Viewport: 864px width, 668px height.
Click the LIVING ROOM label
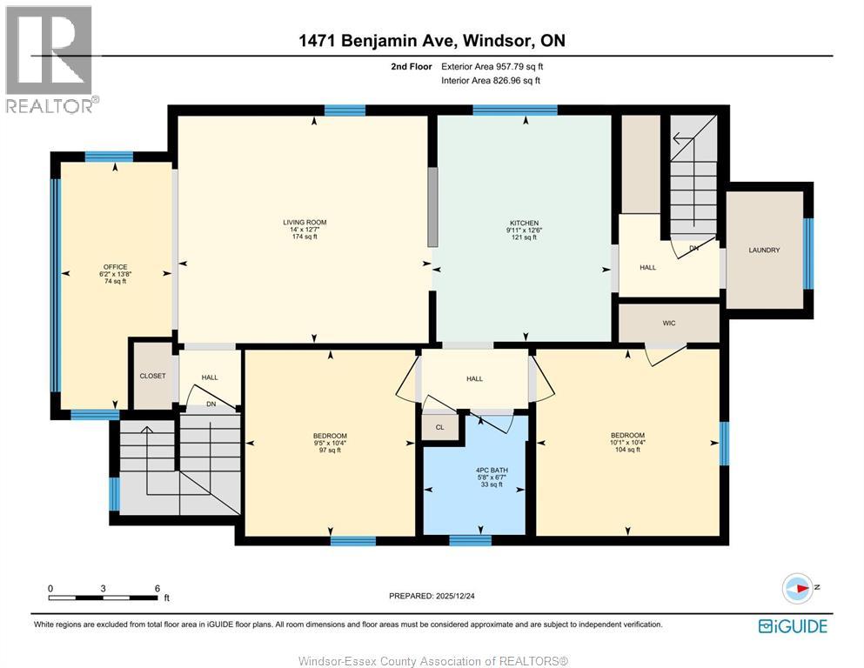[x=305, y=222]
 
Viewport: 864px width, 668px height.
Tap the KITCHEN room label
[x=524, y=223]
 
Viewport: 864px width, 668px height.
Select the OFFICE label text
[x=115, y=266]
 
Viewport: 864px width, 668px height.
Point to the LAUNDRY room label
[x=764, y=250]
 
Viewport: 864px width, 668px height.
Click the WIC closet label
[x=669, y=324]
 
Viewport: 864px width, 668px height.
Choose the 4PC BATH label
[x=492, y=471]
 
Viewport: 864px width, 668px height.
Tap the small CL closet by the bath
[x=439, y=427]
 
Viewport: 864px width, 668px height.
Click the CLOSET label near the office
[x=152, y=376]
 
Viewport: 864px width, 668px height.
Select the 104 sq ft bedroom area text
[x=627, y=450]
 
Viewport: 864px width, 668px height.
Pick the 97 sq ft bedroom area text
[x=330, y=450]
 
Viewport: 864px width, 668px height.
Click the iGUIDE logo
[x=793, y=626]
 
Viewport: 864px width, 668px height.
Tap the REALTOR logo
[x=50, y=59]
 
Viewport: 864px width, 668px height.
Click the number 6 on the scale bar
[x=157, y=588]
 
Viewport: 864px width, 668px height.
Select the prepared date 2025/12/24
[x=455, y=596]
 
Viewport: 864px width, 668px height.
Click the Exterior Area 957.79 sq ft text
[x=492, y=67]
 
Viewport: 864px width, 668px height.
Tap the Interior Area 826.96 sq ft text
[x=491, y=80]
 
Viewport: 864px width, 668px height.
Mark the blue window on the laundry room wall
[x=808, y=254]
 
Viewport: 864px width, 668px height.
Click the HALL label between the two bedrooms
[x=474, y=379]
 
